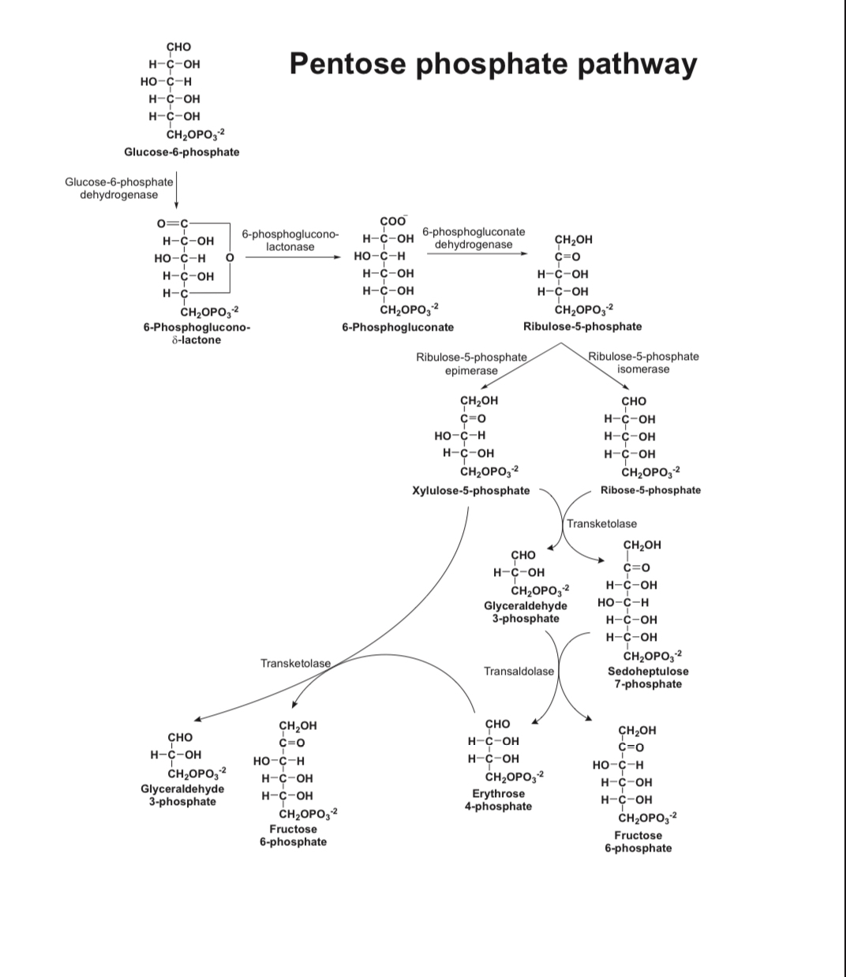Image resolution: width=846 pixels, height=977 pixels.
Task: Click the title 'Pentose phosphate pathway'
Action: (x=493, y=63)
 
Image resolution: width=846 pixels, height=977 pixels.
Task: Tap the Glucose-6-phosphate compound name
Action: (x=182, y=152)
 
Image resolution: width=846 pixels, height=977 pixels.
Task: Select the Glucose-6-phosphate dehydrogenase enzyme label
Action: (x=119, y=188)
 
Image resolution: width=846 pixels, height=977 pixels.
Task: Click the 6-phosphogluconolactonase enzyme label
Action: (x=290, y=241)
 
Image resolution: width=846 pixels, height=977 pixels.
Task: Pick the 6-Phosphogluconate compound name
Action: (x=398, y=327)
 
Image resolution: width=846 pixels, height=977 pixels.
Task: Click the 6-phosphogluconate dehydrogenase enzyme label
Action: (x=474, y=238)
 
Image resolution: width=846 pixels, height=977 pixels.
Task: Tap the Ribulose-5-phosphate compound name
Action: (x=582, y=326)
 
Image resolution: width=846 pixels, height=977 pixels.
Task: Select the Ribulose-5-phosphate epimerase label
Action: (x=471, y=364)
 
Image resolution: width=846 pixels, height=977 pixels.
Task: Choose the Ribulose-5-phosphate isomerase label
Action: (x=643, y=362)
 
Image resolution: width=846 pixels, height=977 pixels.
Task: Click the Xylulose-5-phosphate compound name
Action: (x=471, y=490)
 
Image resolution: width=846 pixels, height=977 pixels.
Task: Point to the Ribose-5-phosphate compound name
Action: (x=650, y=490)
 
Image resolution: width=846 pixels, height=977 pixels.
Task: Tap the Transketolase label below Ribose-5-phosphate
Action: (x=601, y=523)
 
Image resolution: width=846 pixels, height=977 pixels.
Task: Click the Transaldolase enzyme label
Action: (x=518, y=671)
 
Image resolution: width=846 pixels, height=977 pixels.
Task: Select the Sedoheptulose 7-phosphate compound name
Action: (x=648, y=677)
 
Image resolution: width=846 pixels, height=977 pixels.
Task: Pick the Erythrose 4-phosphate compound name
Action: (x=498, y=799)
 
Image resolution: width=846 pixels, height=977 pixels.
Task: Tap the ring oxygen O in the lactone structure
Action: (x=230, y=257)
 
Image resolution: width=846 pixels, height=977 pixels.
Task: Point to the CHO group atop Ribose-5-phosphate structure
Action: (x=634, y=401)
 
